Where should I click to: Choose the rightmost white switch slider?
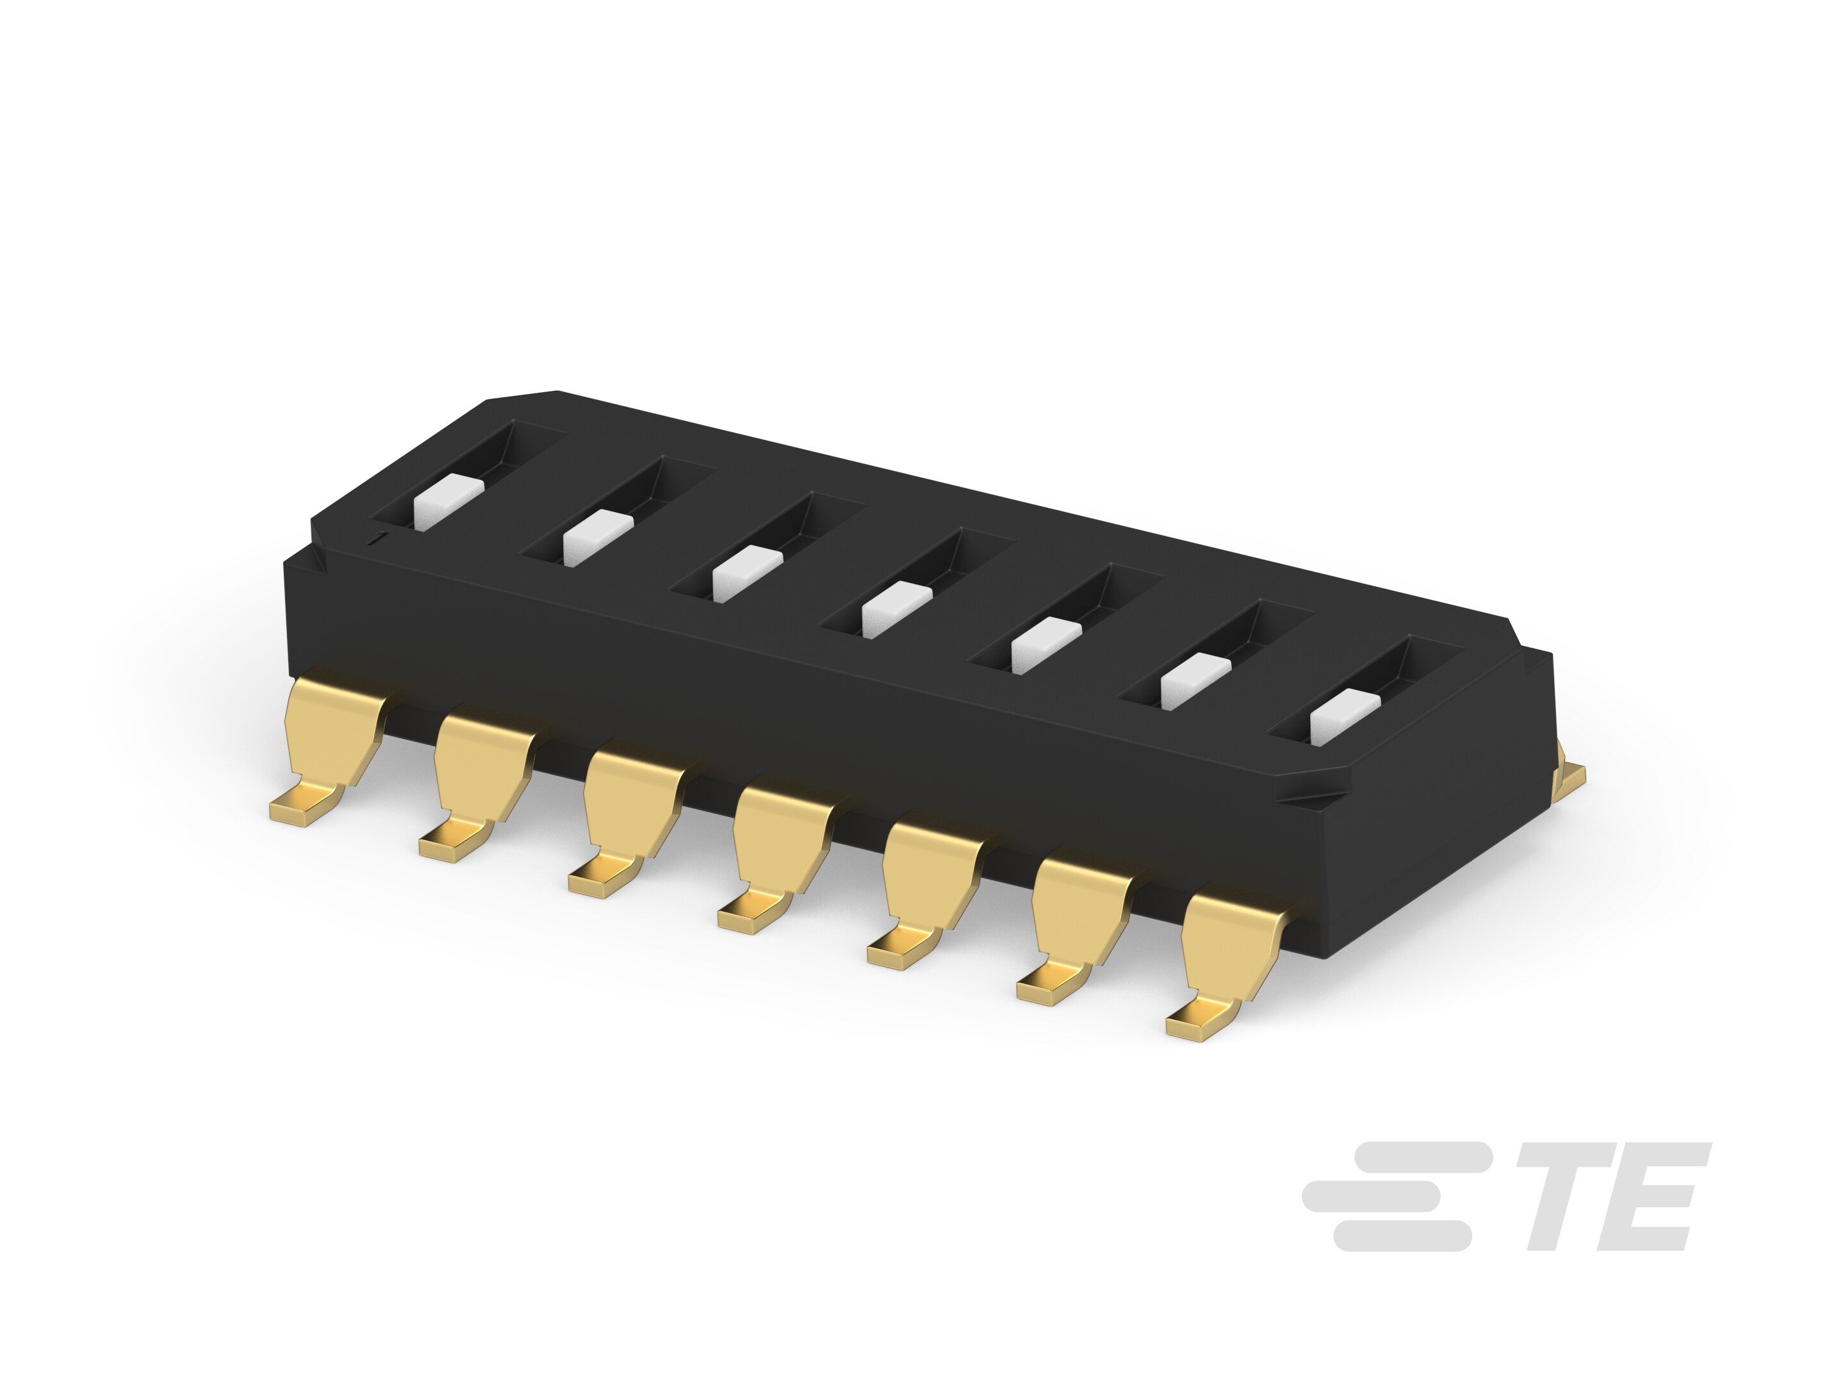coord(1345,716)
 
